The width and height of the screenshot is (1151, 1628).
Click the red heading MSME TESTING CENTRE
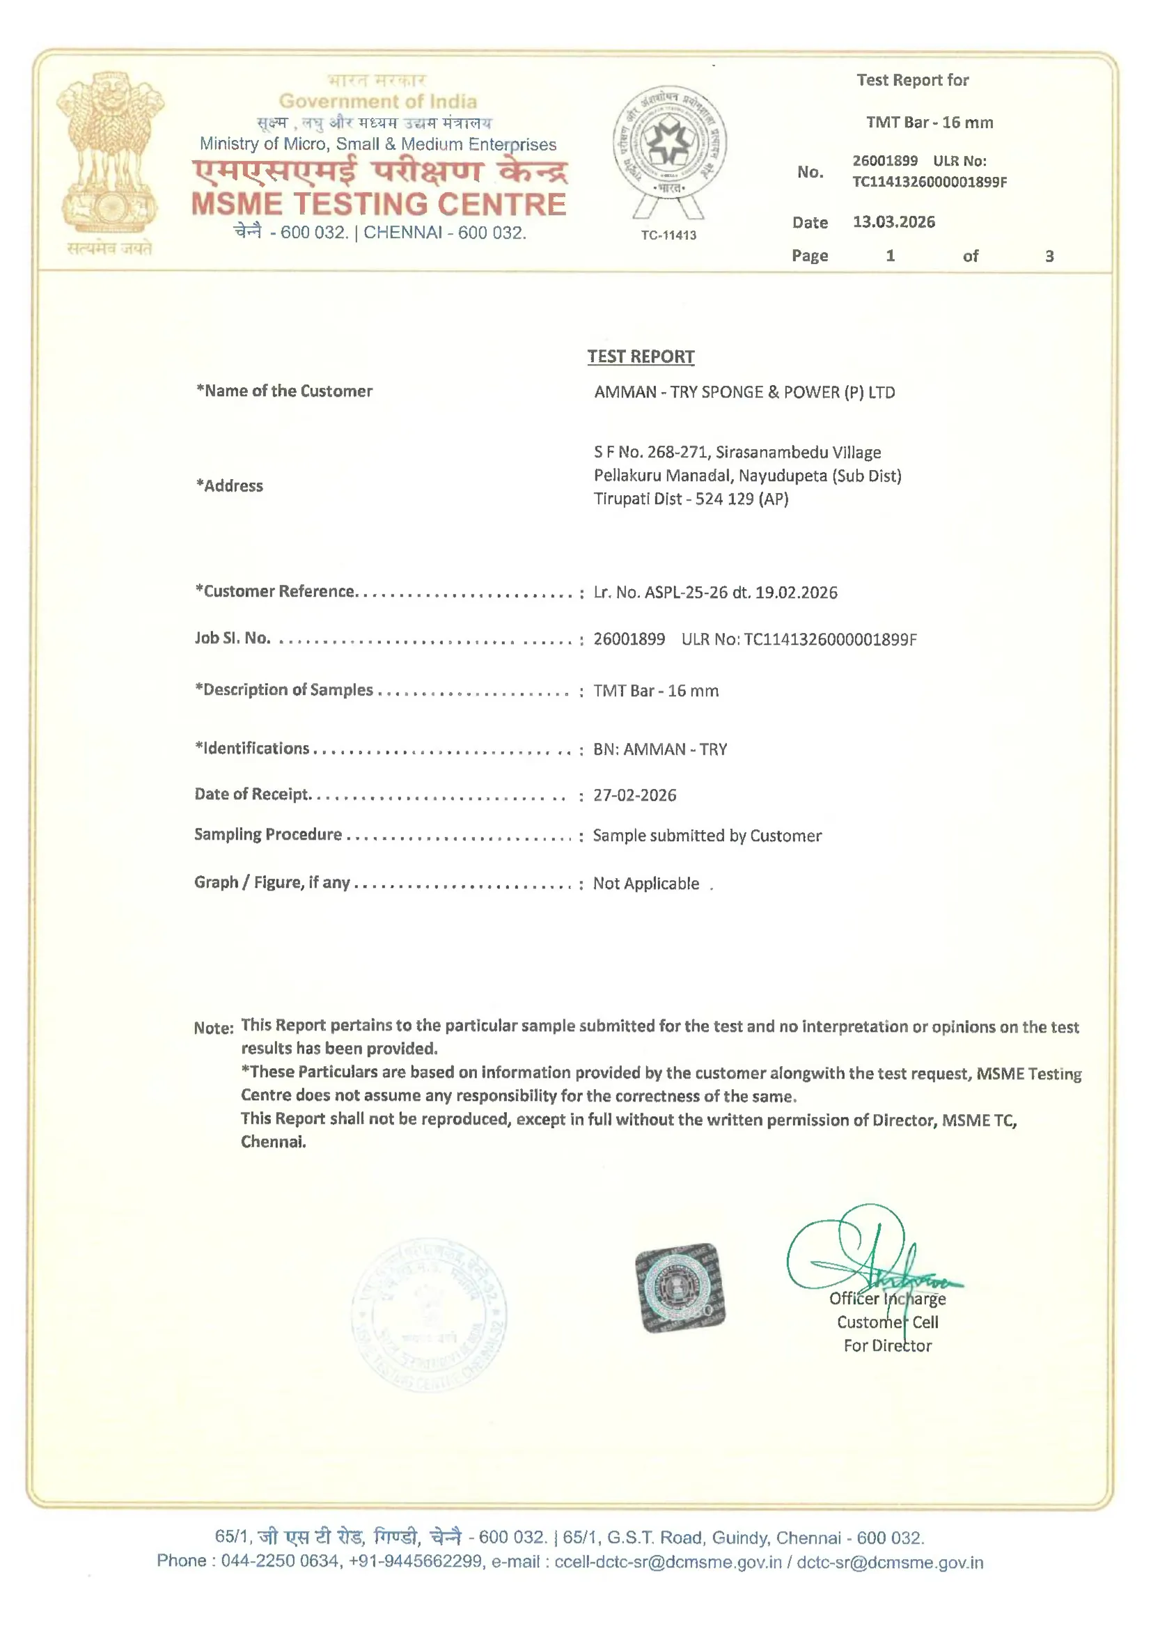[x=379, y=204]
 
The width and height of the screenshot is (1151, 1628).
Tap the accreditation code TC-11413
[x=668, y=235]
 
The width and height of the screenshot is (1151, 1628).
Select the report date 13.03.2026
[x=893, y=222]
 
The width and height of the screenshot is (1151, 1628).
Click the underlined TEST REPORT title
[x=641, y=357]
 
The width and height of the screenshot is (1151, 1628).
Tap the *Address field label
[x=229, y=486]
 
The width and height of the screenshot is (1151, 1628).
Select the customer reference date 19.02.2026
[x=796, y=593]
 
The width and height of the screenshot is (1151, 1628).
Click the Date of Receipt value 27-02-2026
[x=635, y=796]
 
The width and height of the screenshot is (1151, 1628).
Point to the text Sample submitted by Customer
[x=707, y=836]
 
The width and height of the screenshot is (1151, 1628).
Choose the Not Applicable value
[x=646, y=884]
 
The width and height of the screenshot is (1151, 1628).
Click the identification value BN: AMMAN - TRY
[x=660, y=749]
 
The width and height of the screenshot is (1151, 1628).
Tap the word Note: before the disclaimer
[x=214, y=1028]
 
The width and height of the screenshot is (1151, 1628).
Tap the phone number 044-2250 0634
[x=279, y=1563]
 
